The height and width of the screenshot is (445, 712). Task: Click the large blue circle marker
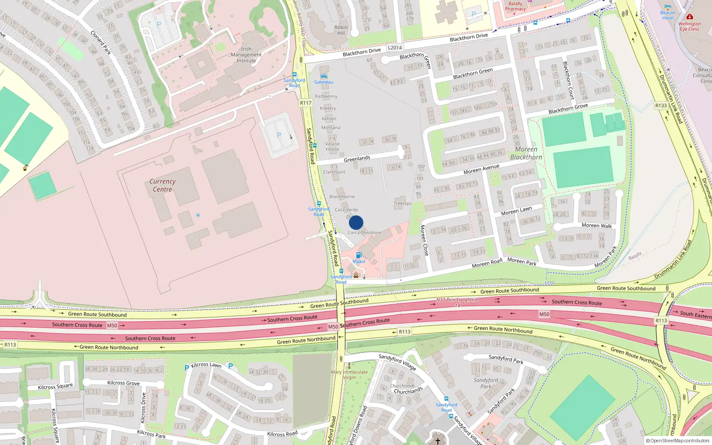pos(356,222)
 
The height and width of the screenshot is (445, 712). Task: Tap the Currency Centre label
pos(162,186)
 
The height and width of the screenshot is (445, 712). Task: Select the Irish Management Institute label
pos(246,55)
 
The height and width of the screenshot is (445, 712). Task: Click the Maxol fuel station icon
pos(359,255)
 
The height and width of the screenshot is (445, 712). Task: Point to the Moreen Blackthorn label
pos(526,153)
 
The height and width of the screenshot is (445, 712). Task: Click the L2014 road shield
pos(395,48)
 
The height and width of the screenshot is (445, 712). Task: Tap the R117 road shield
pos(306,103)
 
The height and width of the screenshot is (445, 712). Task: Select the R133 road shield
pos(661,105)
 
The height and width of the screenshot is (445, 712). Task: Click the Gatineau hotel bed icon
pos(324,76)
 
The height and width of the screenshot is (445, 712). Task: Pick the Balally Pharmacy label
pos(515,6)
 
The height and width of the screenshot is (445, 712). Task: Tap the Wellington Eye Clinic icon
pos(689,17)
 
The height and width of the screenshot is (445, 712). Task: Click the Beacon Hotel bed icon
pos(667,7)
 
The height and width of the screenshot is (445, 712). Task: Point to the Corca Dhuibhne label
pos(364,233)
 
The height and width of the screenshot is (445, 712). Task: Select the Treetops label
pos(403,203)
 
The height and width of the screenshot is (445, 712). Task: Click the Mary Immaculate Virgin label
pos(349,375)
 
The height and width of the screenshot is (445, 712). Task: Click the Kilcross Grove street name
pos(123,383)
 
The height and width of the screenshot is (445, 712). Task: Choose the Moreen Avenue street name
pos(481,170)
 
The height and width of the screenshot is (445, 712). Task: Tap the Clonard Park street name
pos(101,43)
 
